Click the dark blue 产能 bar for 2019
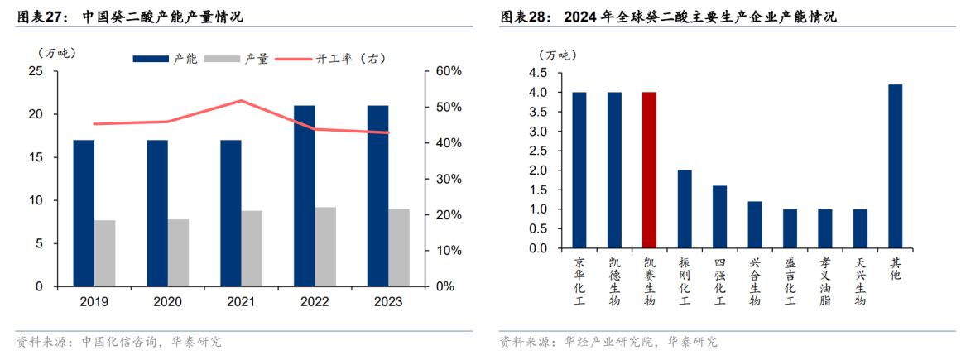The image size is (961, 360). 84,213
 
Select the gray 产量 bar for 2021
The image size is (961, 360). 252,248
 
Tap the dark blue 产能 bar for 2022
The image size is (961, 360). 304,195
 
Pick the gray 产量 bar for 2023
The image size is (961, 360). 399,247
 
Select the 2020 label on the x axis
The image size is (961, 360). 167,302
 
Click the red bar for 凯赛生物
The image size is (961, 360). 650,170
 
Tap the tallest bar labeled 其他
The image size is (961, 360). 895,166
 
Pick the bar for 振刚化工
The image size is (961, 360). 685,209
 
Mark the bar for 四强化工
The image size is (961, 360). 719,217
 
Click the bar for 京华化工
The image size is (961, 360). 579,170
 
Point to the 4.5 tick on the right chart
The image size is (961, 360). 537,73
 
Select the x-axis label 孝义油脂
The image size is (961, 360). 825,281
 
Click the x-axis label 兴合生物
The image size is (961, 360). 755,281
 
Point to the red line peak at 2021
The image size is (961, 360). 241,101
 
